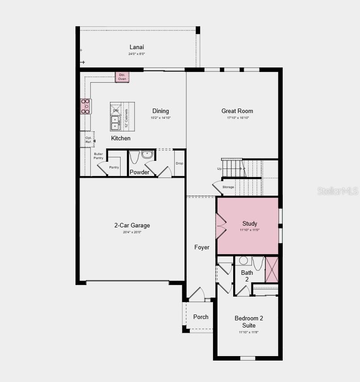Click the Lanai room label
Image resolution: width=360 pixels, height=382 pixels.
[137, 47]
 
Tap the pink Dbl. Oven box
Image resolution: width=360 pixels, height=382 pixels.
[122, 77]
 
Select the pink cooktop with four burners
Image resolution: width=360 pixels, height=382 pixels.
[85, 106]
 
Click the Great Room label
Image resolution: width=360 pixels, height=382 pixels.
[237, 111]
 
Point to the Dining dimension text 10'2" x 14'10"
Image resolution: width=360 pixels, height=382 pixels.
[160, 118]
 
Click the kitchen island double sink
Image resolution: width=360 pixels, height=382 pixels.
[115, 123]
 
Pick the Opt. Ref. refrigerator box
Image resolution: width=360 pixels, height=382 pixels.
[88, 139]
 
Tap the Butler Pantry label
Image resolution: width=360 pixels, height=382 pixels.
[98, 156]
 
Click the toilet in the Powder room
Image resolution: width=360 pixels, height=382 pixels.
[134, 157]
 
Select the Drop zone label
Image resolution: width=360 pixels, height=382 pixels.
[179, 164]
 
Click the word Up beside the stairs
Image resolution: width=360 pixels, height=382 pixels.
[219, 169]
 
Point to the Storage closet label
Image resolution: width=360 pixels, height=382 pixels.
[228, 187]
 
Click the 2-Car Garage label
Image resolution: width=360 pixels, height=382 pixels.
[132, 225]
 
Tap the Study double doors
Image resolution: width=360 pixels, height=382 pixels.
[221, 226]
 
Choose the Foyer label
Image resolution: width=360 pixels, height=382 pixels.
[201, 247]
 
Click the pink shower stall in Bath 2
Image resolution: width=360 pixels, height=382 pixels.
[272, 269]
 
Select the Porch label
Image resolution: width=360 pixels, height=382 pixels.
[201, 317]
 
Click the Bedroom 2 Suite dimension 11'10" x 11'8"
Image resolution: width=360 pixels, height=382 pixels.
[249, 332]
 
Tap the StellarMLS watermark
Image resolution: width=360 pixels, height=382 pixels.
[338, 191]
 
